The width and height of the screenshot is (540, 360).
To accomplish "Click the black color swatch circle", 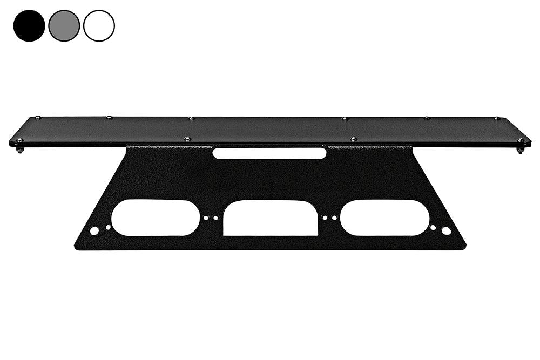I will (x=29, y=25).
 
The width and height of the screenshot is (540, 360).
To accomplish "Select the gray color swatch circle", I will (x=64, y=25).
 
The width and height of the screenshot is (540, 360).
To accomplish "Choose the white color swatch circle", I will (x=99, y=25).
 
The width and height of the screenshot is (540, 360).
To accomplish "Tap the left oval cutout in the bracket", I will (x=156, y=218).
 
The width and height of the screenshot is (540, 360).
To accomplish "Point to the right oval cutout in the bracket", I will (x=384, y=218).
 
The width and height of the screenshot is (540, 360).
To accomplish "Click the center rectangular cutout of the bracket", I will (x=270, y=218).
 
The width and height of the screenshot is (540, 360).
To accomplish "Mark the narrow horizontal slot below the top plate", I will (x=269, y=153).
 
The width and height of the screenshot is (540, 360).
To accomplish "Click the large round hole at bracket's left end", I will (x=94, y=230).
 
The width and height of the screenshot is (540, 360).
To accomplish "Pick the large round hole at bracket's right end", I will (x=446, y=230).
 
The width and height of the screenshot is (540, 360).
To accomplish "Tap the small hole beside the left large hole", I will (x=108, y=227).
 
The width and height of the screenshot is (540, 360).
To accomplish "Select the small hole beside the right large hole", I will (x=433, y=227).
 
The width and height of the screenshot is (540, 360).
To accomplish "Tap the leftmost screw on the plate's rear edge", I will (x=37, y=118).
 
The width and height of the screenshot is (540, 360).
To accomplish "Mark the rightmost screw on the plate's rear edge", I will (x=497, y=118).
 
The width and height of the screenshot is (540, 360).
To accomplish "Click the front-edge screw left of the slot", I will (x=187, y=139).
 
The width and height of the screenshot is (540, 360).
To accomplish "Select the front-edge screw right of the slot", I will (x=354, y=139).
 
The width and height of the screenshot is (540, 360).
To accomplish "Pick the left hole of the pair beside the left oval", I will (x=206, y=218).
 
